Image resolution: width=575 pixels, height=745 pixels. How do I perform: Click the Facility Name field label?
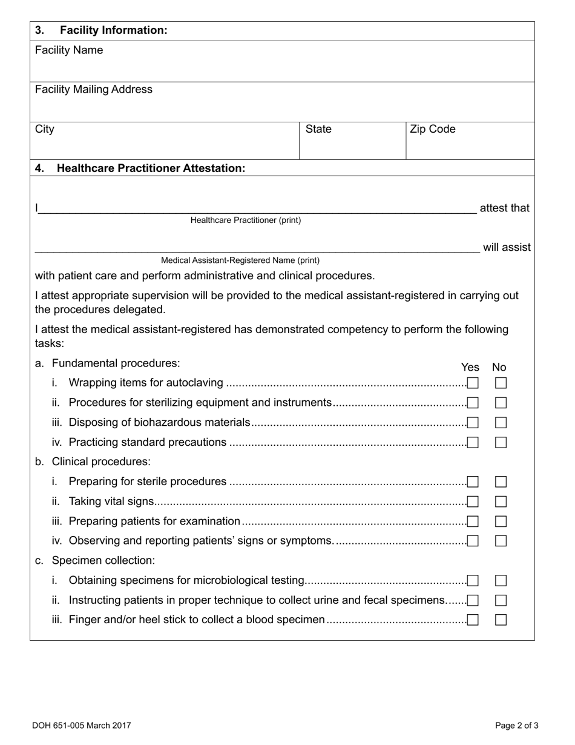click(x=69, y=50)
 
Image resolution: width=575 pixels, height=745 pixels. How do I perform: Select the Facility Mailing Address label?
click(x=94, y=90)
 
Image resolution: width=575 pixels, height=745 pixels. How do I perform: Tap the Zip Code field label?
click(x=433, y=129)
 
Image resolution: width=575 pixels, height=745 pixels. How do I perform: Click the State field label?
click(x=318, y=129)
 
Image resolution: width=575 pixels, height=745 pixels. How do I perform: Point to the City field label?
click(x=45, y=129)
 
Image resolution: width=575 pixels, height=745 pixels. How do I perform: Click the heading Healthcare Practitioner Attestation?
click(x=151, y=168)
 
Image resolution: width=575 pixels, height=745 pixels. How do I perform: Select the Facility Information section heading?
click(x=113, y=30)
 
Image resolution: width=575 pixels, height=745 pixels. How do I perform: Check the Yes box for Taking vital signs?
click(x=473, y=502)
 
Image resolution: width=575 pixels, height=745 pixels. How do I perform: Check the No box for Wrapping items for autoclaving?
click(x=501, y=383)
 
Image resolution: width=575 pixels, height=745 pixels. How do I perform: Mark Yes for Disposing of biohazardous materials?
click(x=473, y=422)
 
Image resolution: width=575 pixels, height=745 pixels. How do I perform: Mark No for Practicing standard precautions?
click(x=501, y=442)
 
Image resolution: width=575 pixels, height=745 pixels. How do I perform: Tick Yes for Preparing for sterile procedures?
click(x=473, y=482)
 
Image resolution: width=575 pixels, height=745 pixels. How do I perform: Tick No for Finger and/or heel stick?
click(x=501, y=620)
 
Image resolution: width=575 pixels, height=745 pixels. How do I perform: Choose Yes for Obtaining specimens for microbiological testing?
click(x=473, y=580)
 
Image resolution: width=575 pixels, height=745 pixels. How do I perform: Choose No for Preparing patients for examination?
click(x=501, y=521)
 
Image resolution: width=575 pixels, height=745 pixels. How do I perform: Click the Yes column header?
click(x=470, y=367)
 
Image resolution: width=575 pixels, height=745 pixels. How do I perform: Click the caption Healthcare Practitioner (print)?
click(x=245, y=220)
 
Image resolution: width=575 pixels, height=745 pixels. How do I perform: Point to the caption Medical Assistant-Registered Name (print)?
click(x=240, y=260)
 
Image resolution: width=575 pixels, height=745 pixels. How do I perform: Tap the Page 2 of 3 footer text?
click(x=516, y=725)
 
